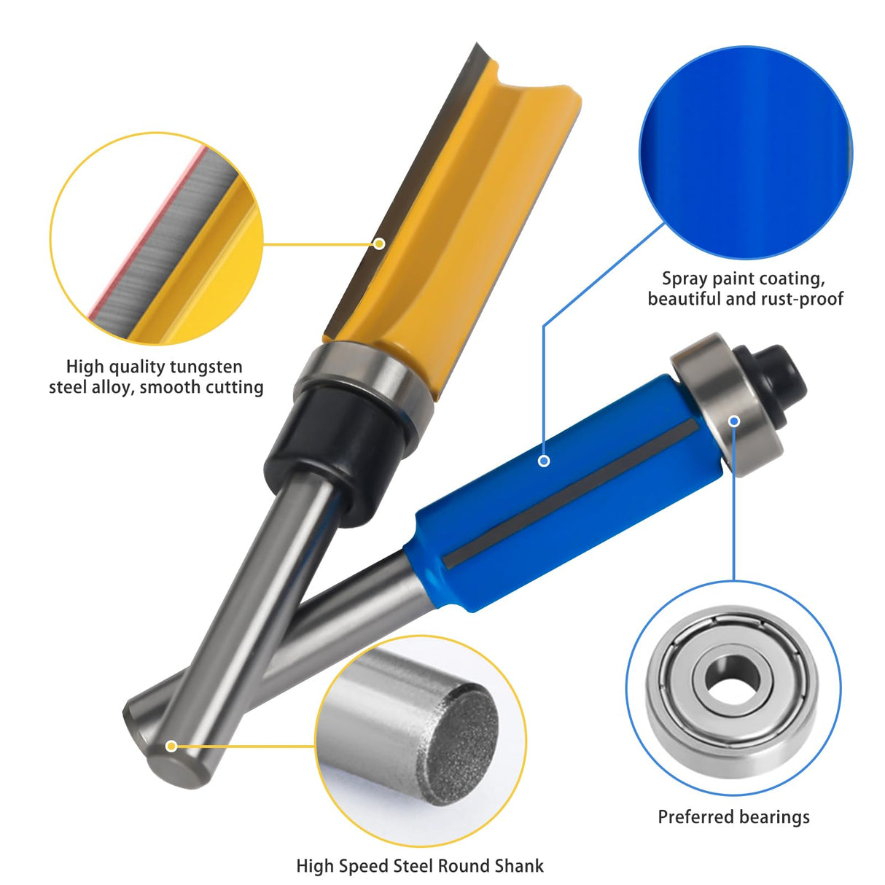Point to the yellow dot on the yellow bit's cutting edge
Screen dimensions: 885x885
click(x=379, y=243)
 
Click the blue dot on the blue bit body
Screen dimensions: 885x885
click(x=544, y=461)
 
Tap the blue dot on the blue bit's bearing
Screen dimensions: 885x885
click(x=735, y=421)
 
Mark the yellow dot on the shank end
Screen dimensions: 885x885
click(x=171, y=746)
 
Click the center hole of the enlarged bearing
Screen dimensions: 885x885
click(x=733, y=682)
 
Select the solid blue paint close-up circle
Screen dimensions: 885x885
click(x=745, y=153)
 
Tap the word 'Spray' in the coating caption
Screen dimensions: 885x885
click(x=685, y=278)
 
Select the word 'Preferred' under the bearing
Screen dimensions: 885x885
click(x=693, y=817)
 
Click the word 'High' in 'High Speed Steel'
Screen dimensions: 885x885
click(x=314, y=866)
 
